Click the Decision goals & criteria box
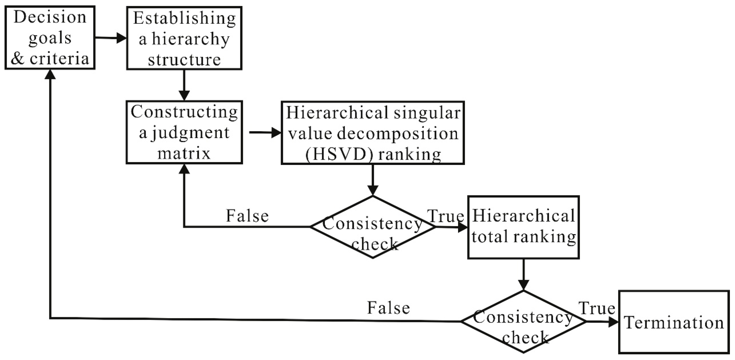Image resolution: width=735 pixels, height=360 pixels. click(50, 38)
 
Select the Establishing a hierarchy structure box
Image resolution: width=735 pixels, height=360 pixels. click(184, 38)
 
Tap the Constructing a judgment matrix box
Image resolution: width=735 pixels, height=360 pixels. click(184, 132)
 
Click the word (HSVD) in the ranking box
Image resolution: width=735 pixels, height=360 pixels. click(340, 154)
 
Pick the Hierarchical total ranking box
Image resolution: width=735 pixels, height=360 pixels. click(523, 227)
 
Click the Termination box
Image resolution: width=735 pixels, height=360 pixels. click(674, 322)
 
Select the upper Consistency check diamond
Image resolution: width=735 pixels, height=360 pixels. click(373, 227)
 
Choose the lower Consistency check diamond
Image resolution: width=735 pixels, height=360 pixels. click(523, 322)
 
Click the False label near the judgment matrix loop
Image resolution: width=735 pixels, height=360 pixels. click(247, 216)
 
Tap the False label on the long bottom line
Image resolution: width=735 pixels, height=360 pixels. click(388, 308)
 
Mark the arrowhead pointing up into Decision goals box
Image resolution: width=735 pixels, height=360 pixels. click(50, 75)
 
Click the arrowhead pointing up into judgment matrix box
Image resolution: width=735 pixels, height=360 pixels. click(184, 169)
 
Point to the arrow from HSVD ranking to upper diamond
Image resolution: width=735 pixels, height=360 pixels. click(373, 180)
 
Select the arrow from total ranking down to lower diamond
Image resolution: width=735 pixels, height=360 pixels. click(523, 274)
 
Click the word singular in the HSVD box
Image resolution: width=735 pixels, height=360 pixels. click(427, 113)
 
